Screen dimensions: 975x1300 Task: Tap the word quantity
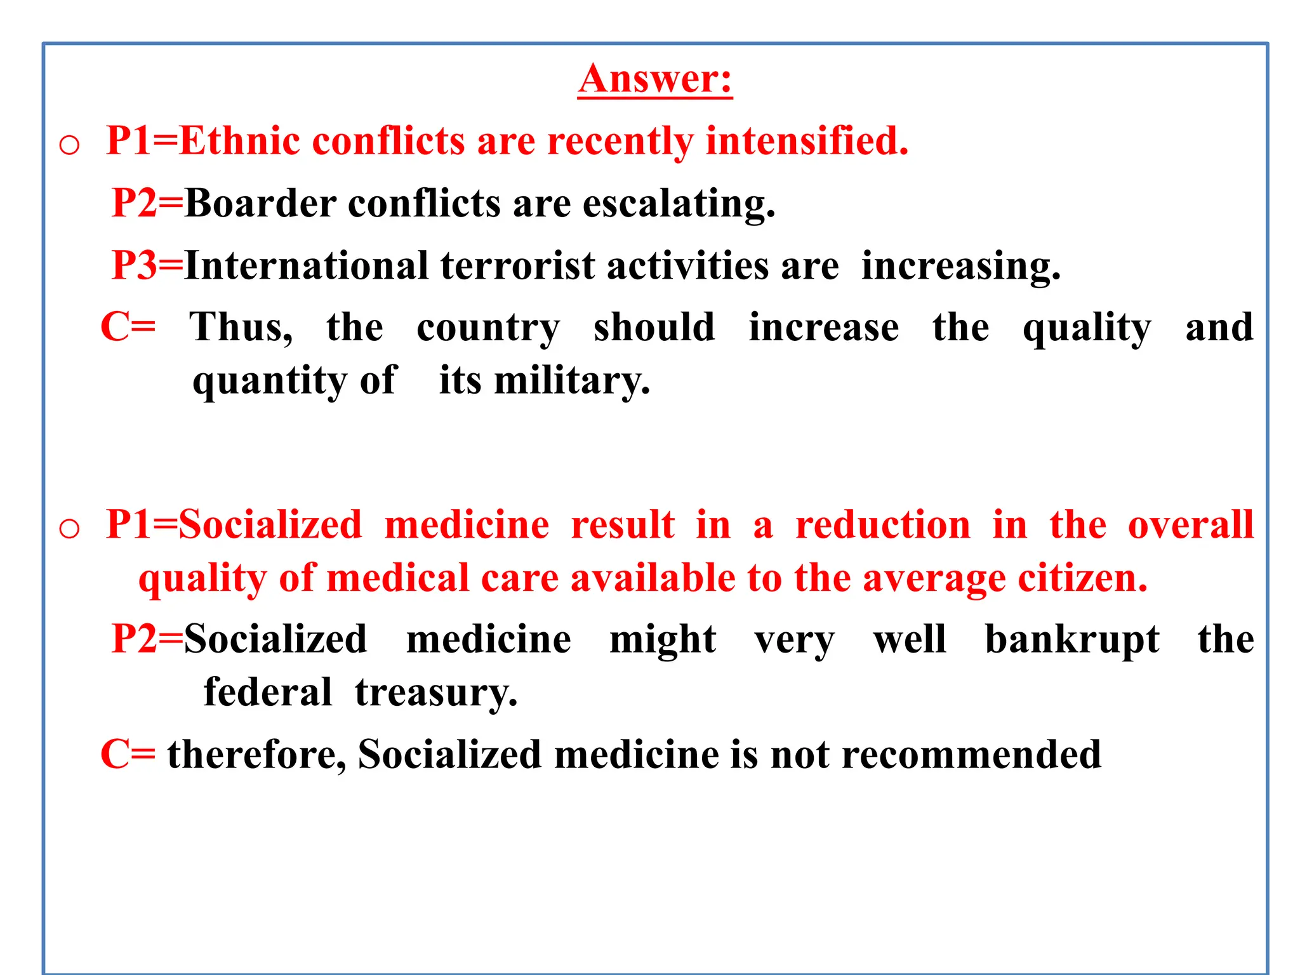tap(270, 381)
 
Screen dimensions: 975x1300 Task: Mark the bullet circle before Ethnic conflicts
tap(69, 145)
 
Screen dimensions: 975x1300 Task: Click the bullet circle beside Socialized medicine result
tap(69, 528)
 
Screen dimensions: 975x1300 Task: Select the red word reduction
tap(883, 525)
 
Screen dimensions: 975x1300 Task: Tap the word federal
tap(267, 692)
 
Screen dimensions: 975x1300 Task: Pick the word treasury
tap(436, 693)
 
